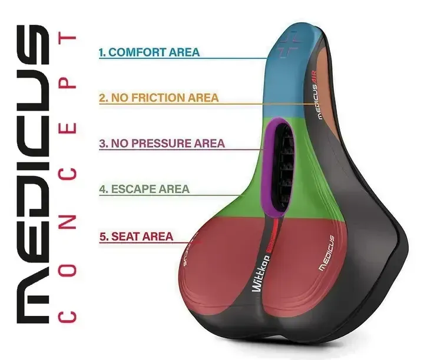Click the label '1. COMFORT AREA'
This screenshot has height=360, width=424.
(x=149, y=52)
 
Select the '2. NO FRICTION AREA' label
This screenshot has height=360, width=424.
(x=158, y=98)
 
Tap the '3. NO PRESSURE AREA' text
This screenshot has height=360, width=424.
(x=161, y=143)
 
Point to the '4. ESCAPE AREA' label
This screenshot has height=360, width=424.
(x=144, y=189)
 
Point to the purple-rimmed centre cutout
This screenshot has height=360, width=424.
(x=276, y=165)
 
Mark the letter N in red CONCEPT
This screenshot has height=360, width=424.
(x=70, y=221)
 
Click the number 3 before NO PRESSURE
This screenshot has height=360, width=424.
(x=102, y=143)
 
